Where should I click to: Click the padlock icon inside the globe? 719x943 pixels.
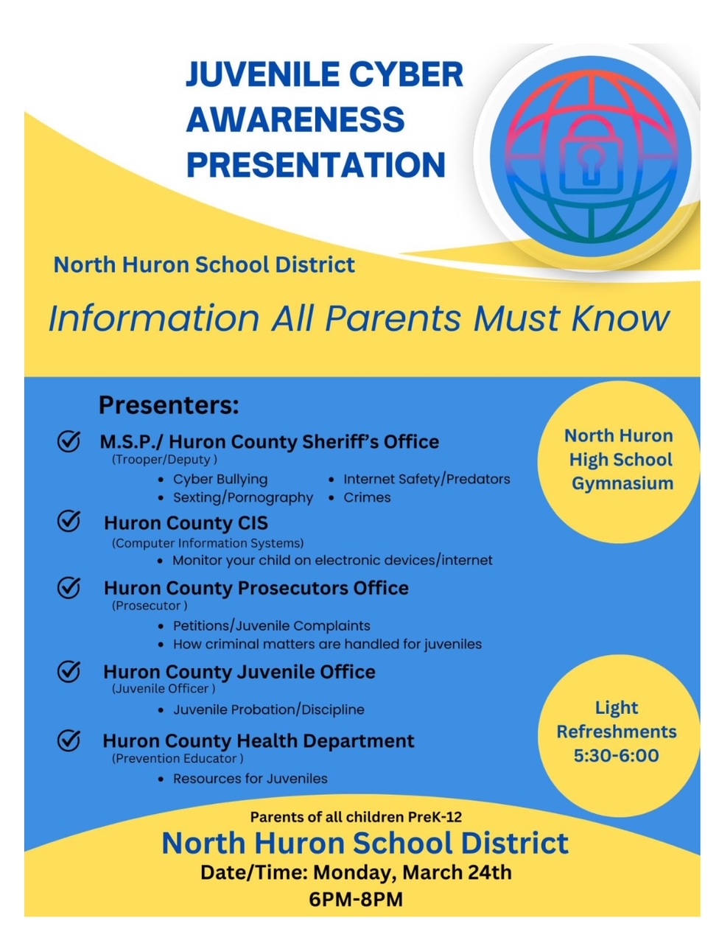pos(589,164)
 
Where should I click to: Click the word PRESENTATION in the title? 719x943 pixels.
pos(316,165)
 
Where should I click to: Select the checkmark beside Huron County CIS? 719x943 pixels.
pos(69,522)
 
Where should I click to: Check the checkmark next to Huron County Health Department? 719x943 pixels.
pos(69,740)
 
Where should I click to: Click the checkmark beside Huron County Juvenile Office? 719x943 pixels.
pos(69,671)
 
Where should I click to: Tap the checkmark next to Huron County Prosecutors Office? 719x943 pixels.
pos(69,587)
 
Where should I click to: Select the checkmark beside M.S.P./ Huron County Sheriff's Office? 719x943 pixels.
pos(69,441)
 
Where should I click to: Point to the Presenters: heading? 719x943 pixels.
pos(169,405)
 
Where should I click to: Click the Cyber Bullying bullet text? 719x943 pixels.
pos(220,480)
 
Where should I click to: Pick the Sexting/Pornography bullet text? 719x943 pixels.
pos(243,498)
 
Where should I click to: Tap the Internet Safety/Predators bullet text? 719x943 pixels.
pos(427,480)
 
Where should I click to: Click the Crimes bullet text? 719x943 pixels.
pos(367,498)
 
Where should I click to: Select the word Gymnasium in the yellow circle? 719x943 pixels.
pos(622,484)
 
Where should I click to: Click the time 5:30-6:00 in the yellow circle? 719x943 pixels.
pos(617,756)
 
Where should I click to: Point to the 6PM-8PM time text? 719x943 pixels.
pos(356,900)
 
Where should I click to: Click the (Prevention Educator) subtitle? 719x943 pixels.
pos(178,759)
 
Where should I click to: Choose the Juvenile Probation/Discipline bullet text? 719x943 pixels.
pos(269,710)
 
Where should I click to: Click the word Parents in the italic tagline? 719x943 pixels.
pos(394,319)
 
